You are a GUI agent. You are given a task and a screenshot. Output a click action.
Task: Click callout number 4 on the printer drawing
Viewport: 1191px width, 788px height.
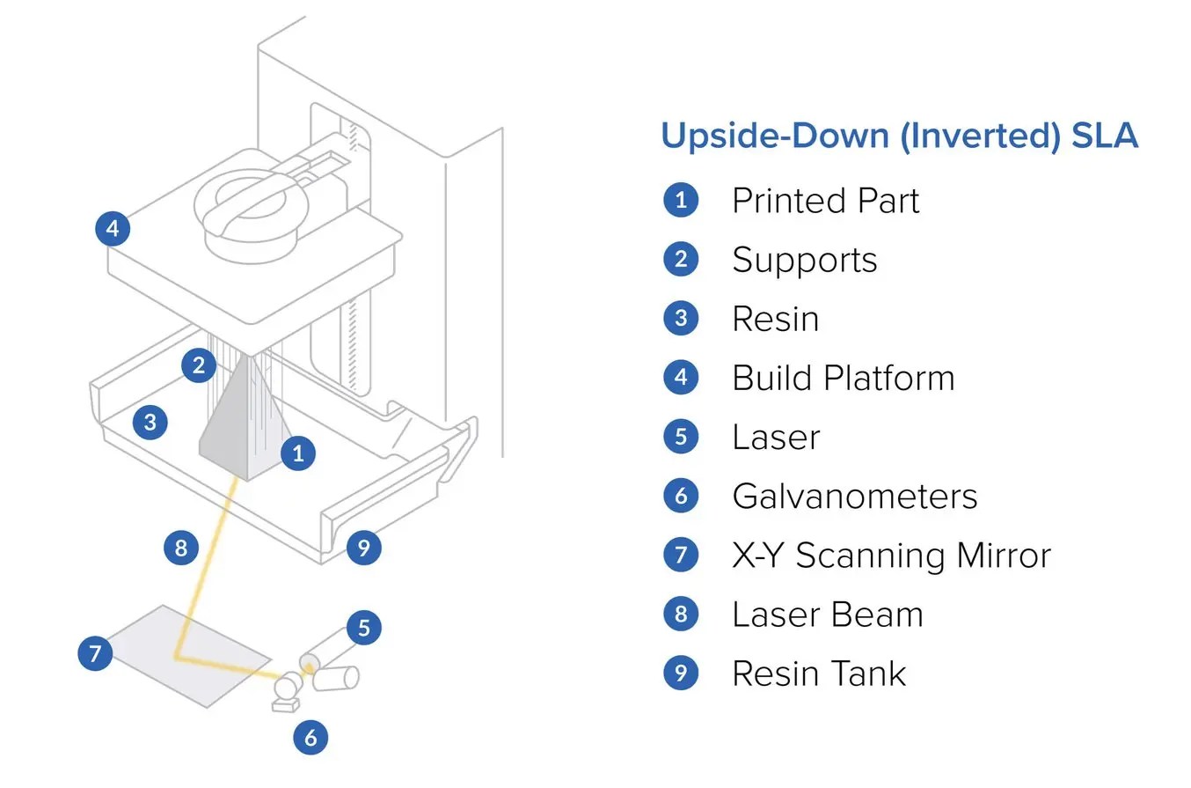click(x=113, y=229)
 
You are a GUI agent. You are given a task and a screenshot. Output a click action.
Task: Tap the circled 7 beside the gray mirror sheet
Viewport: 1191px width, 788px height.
click(x=95, y=653)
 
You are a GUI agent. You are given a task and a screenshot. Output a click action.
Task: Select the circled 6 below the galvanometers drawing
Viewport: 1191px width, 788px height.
click(x=311, y=738)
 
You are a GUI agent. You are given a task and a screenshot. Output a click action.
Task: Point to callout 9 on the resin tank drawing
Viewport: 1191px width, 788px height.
click(x=363, y=548)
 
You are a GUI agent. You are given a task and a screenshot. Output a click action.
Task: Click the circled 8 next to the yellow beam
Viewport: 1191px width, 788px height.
click(x=181, y=548)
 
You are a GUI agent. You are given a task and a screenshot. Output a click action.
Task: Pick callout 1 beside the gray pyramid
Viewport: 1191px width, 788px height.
click(x=298, y=453)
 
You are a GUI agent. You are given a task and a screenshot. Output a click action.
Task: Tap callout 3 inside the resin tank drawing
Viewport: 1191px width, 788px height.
click(x=150, y=423)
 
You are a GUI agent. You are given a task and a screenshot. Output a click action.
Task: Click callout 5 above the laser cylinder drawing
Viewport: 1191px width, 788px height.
click(x=363, y=628)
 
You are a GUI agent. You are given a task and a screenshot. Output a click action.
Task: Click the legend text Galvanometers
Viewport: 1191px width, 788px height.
click(x=854, y=497)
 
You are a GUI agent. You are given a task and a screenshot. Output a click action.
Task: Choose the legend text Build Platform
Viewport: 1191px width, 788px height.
click(x=844, y=379)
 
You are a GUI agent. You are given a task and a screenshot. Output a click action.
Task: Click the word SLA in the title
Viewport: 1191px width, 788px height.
click(x=1104, y=136)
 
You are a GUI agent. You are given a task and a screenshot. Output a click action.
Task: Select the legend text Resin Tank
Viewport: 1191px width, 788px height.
click(x=819, y=674)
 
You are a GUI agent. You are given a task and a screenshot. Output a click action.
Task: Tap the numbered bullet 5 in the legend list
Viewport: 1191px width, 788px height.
click(x=681, y=437)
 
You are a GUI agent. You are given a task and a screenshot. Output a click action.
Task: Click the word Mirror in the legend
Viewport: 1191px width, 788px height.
click(x=1004, y=556)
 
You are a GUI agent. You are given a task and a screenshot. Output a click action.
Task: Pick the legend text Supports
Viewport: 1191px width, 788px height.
click(x=805, y=261)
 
